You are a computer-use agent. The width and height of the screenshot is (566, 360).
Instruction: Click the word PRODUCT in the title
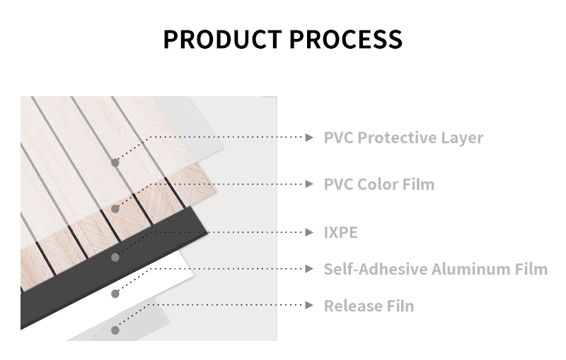222,39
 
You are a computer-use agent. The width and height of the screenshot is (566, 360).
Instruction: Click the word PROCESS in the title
346,39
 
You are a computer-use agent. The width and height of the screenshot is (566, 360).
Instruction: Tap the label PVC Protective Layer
403,138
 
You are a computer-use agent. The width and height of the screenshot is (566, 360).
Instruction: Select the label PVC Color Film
379,185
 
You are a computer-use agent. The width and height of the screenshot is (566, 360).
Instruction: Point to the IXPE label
340,233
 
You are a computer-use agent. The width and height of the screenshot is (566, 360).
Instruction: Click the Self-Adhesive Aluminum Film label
436,269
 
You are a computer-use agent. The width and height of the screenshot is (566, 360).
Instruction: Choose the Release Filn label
369,306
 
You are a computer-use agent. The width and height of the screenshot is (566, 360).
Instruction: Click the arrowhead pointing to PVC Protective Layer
309,137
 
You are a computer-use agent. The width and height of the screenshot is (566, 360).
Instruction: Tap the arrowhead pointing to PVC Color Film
309,184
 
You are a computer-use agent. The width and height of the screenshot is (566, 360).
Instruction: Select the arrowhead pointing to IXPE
309,232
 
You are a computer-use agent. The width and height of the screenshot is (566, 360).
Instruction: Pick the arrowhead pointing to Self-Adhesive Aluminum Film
309,269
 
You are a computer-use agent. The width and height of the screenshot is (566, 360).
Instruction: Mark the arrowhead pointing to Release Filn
309,305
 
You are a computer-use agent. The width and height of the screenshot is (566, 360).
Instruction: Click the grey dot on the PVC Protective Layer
115,163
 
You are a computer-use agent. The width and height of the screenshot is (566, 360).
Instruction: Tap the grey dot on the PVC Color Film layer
115,209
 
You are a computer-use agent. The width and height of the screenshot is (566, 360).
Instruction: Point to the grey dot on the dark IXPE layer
115,257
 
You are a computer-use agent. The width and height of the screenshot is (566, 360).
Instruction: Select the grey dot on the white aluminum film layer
115,294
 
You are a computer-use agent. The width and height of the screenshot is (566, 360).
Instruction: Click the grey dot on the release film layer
115,330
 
